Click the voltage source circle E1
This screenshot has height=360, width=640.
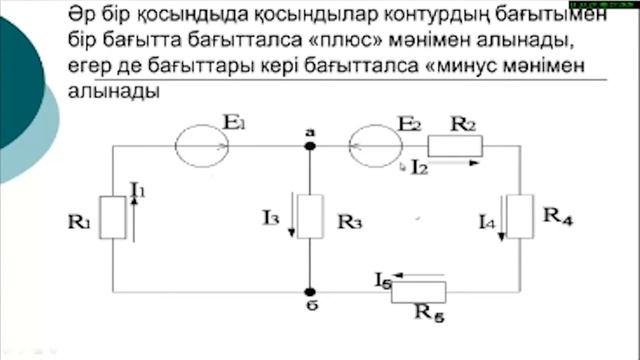pos(202,145)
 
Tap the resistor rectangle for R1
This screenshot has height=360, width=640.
pos(113,216)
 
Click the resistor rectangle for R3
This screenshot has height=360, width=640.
pos(311,216)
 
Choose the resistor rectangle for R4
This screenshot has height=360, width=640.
pos(519,216)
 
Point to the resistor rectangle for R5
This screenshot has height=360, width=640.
pos(418,290)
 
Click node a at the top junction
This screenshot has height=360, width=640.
pos(310,146)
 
